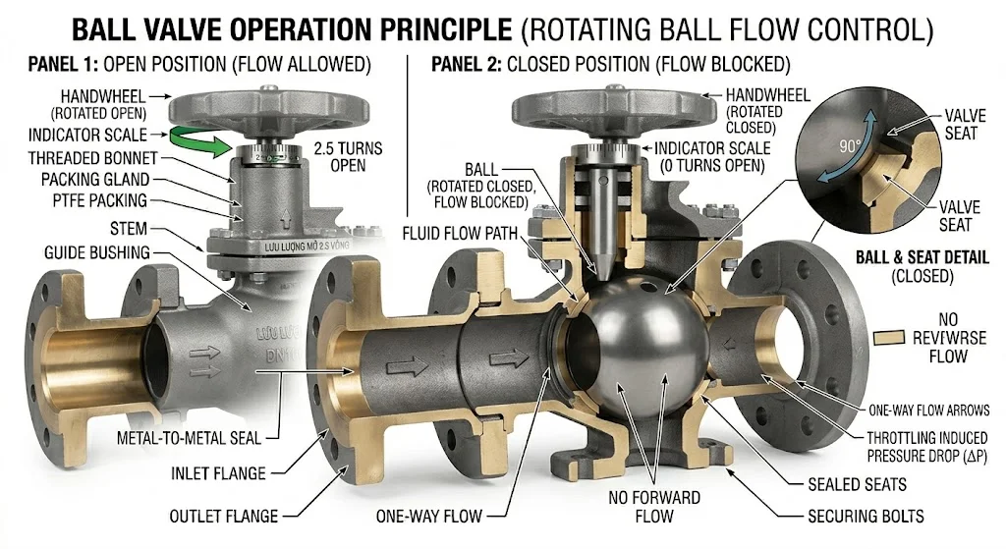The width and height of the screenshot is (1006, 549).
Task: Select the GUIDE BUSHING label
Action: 97,252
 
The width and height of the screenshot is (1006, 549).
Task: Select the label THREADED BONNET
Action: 88,158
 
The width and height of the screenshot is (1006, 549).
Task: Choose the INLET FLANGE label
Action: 217,473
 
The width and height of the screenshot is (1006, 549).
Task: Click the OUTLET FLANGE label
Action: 223,516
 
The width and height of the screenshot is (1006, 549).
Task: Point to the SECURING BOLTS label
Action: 866,516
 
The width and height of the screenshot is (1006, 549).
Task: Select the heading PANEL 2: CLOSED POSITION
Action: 610,67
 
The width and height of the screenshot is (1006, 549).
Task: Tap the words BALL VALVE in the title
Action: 158,28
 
